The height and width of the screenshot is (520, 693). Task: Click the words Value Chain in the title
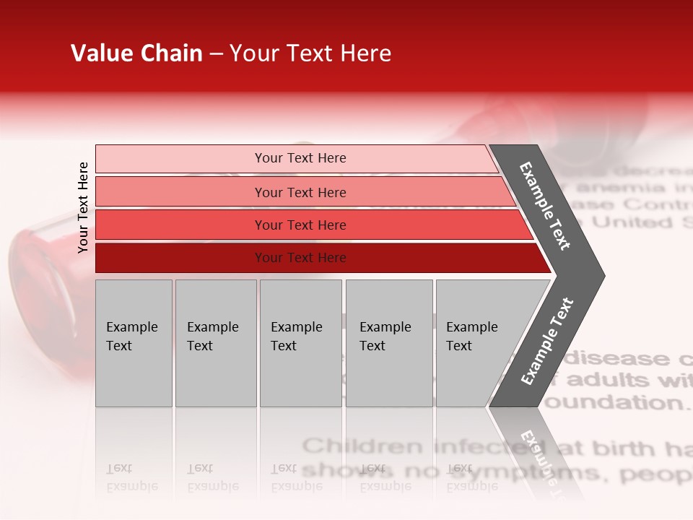(136, 53)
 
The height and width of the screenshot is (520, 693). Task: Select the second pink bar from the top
(300, 192)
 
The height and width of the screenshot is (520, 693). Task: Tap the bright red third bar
(300, 225)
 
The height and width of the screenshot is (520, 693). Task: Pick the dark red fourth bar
(300, 258)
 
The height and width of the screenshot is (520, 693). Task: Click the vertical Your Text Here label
(83, 207)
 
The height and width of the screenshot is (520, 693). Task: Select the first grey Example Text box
(134, 343)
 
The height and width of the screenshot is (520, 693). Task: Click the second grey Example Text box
(215, 343)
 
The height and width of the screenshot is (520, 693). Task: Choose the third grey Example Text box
(300, 343)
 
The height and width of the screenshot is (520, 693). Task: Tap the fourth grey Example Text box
(389, 343)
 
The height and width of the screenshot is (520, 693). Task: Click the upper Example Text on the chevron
(545, 206)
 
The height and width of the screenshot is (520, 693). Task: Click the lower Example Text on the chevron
(546, 342)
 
